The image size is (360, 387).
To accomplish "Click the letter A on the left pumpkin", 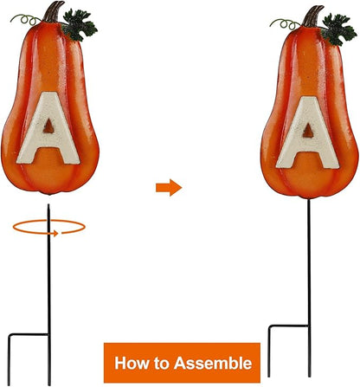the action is click(x=48, y=128).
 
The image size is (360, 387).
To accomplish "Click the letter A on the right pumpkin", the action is click(x=308, y=133).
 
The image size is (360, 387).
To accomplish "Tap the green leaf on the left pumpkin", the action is click(x=79, y=25).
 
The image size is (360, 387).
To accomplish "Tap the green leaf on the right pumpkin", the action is click(x=338, y=29).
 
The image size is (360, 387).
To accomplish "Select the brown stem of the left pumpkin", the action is click(x=53, y=12).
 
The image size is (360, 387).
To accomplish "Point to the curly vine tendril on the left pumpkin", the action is click(x=26, y=19).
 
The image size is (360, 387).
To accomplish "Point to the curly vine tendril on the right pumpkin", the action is click(x=286, y=23).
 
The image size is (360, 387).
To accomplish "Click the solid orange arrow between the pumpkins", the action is click(x=169, y=188).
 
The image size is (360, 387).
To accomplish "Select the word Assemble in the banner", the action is click(x=213, y=363).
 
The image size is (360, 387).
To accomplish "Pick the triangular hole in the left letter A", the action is click(x=48, y=126).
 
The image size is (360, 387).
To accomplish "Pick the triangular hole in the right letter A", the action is click(x=308, y=131).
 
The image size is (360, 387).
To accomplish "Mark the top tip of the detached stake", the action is click(x=48, y=204).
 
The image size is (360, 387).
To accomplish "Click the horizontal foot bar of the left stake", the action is click(x=29, y=334).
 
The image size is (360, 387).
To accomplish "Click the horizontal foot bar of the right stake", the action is click(x=288, y=326).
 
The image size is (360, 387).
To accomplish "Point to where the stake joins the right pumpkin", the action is click(x=308, y=199).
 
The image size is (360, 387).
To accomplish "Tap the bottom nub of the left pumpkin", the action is click(x=49, y=193).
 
